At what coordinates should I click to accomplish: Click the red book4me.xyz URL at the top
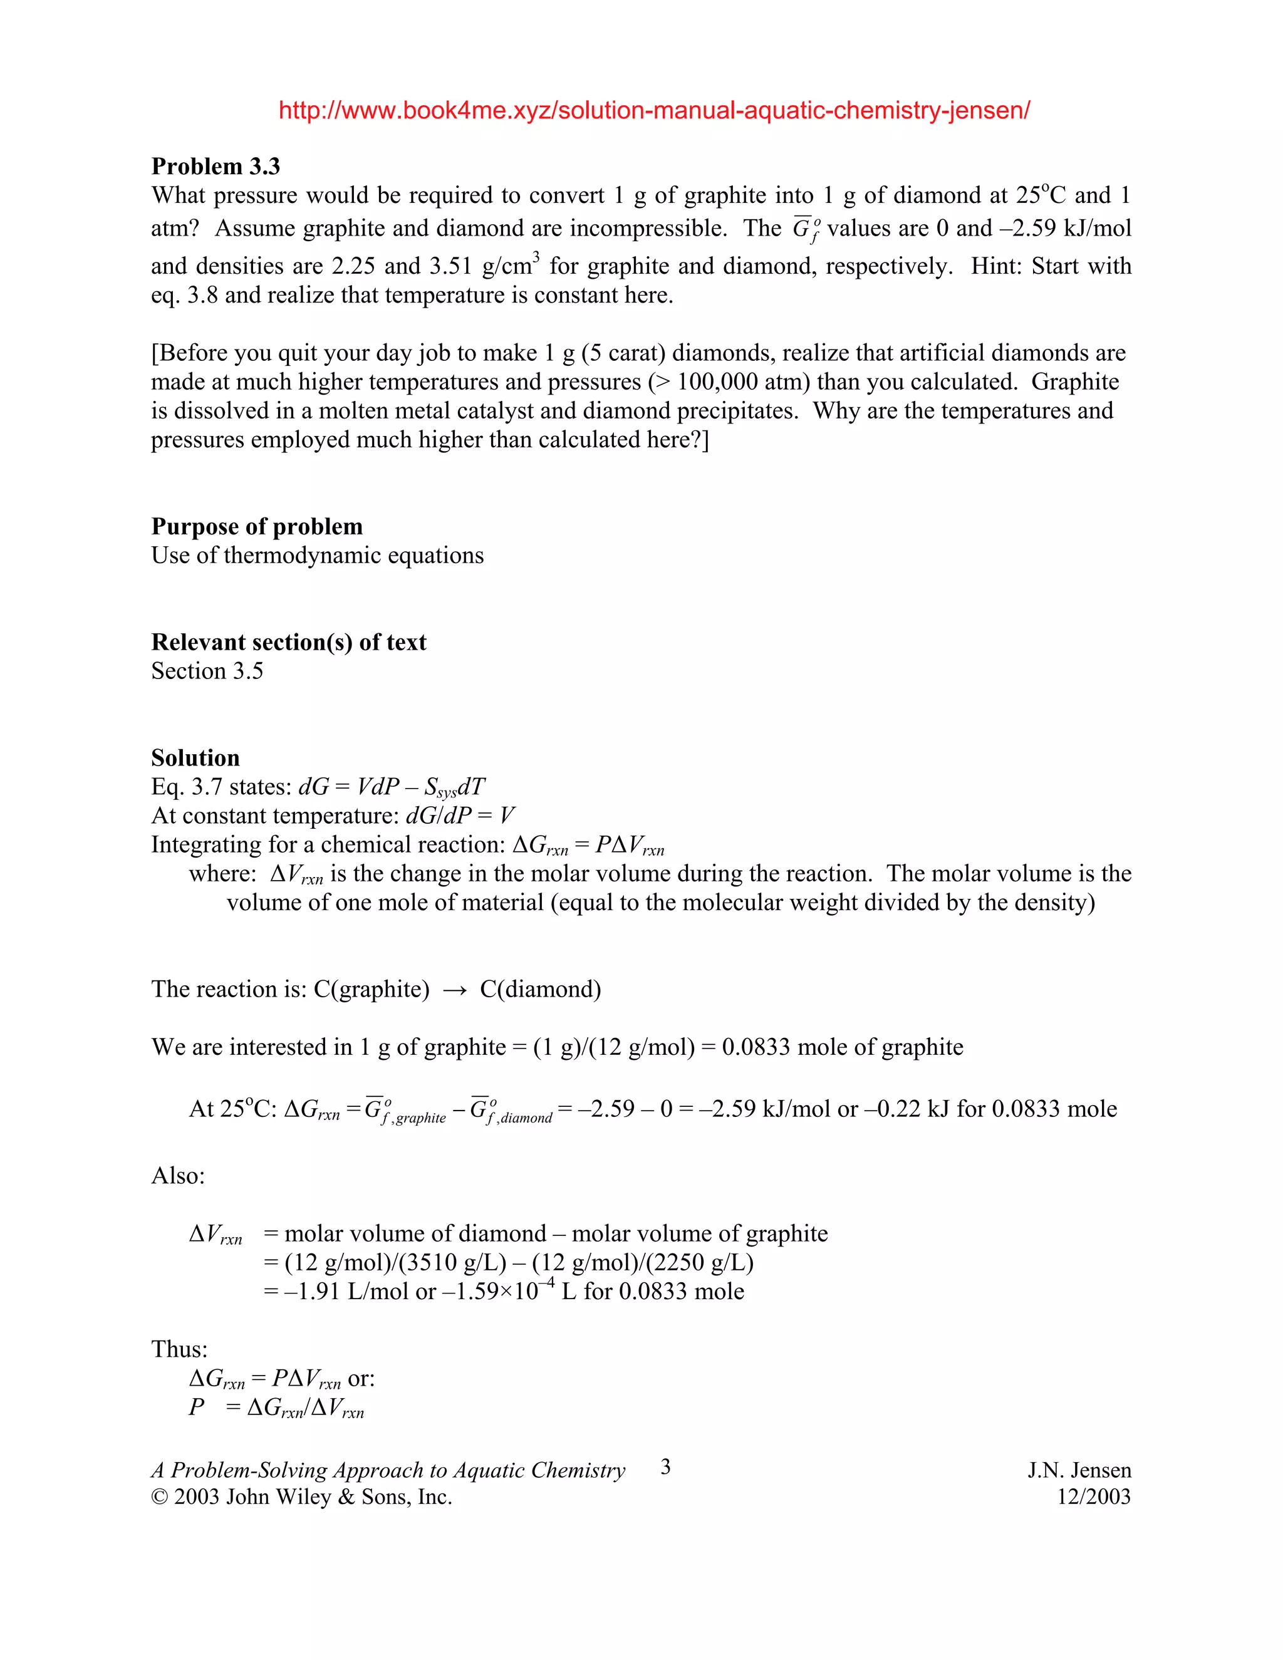click(653, 111)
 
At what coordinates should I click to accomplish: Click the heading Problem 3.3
click(216, 167)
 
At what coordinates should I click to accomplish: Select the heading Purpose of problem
click(257, 527)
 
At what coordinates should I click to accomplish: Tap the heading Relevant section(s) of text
click(289, 642)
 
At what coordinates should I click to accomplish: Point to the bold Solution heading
click(195, 758)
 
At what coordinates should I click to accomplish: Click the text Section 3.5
click(207, 671)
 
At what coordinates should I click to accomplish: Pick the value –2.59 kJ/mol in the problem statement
click(1066, 229)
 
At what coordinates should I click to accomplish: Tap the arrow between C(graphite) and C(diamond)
click(455, 990)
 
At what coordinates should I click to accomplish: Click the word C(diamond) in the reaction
click(541, 990)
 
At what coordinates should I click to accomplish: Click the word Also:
click(178, 1176)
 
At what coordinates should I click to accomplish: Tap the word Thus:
click(179, 1349)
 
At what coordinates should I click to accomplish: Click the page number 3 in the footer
click(666, 1467)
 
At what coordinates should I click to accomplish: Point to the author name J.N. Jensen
click(1079, 1471)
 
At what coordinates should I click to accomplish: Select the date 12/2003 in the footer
click(1094, 1497)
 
